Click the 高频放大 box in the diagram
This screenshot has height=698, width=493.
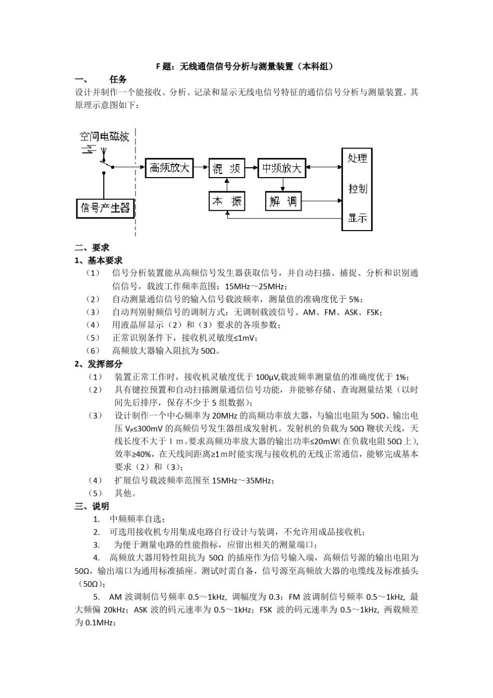tap(169, 168)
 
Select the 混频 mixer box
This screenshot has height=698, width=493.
tap(227, 168)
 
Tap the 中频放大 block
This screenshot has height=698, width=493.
tap(281, 168)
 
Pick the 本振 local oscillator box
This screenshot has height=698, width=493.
tap(227, 200)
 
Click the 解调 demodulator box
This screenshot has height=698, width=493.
tap(283, 200)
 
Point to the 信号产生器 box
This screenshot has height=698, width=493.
tap(105, 208)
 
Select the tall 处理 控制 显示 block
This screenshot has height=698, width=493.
tap(357, 189)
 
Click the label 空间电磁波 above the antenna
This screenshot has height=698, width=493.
tap(104, 137)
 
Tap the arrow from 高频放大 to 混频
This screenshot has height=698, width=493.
tap(201, 168)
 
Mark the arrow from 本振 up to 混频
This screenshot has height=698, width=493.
tap(227, 184)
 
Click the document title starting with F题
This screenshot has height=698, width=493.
tap(246, 66)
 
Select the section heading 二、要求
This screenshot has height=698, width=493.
tap(92, 248)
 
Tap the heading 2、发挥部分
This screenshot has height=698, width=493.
tap(99, 364)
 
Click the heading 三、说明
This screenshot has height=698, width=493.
tap(92, 506)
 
